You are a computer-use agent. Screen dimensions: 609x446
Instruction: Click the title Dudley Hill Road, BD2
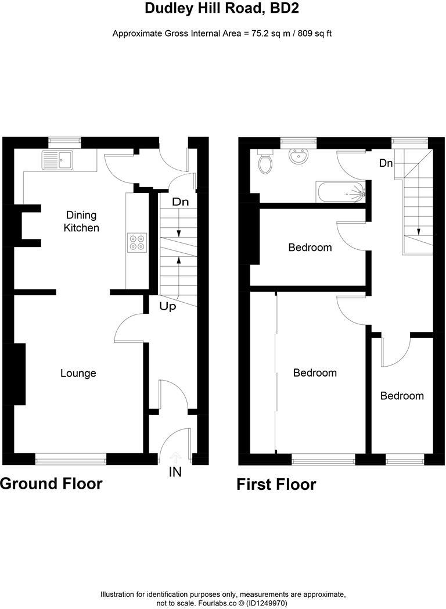tap(222, 8)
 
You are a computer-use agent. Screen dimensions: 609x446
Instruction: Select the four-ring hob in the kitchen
tap(137, 242)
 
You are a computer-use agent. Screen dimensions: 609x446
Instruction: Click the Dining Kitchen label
tap(81, 221)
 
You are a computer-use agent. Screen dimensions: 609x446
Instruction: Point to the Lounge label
tap(78, 373)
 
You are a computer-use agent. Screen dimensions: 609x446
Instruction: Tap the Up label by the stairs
tap(168, 306)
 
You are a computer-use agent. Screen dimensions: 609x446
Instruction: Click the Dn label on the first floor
tap(386, 163)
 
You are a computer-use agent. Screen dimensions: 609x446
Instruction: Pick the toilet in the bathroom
tap(266, 162)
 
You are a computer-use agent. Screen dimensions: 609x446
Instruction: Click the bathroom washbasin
tap(300, 157)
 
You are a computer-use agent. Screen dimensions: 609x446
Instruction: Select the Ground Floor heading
tap(51, 483)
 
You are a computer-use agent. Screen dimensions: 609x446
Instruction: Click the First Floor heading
tap(276, 485)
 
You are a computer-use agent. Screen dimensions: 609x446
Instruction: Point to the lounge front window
tap(71, 460)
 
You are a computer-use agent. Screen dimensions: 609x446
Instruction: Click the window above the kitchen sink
tap(64, 140)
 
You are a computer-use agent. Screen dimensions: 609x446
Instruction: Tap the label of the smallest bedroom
tap(402, 396)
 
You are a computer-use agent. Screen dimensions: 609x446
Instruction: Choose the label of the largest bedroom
tap(315, 372)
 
